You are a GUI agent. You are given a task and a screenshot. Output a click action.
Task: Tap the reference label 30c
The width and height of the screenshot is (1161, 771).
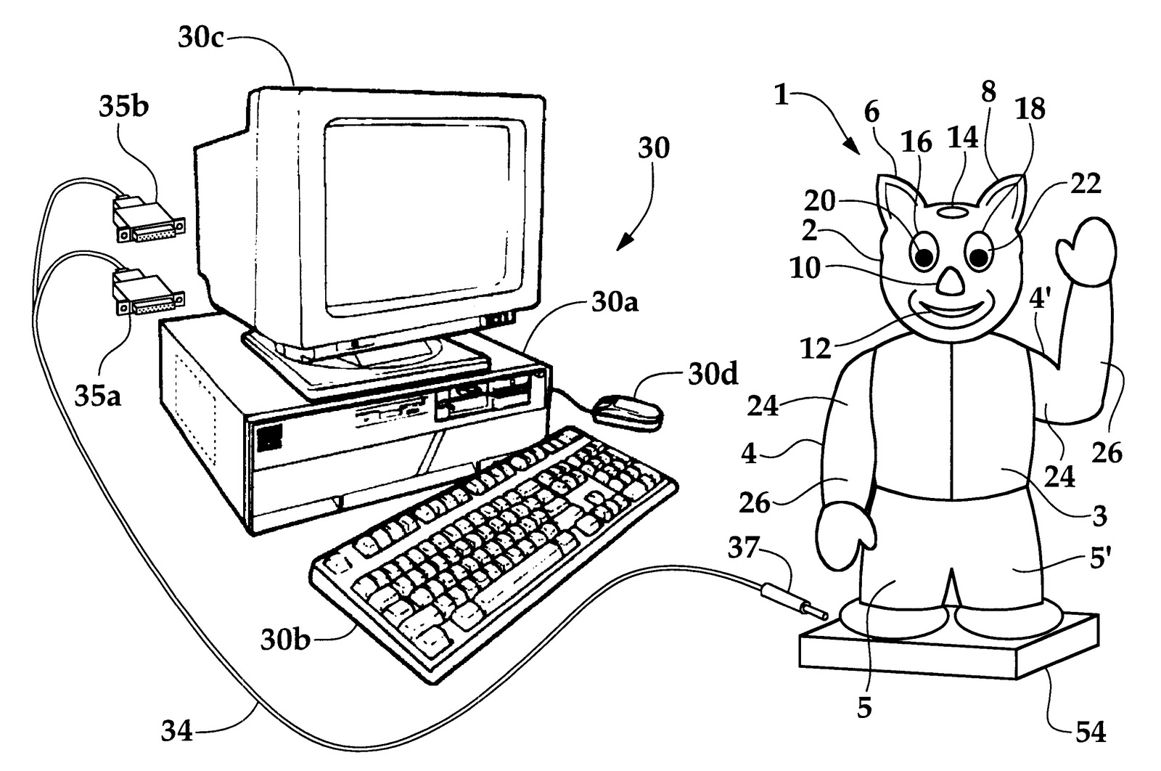click(201, 38)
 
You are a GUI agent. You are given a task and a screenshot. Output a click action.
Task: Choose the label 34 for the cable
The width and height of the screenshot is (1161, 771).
click(177, 730)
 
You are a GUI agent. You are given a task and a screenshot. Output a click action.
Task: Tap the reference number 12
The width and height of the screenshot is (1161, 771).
click(816, 349)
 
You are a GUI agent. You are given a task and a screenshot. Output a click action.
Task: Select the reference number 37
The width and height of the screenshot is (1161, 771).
click(744, 550)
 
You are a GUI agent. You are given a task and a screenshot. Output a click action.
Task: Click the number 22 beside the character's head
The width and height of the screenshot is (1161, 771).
click(1084, 183)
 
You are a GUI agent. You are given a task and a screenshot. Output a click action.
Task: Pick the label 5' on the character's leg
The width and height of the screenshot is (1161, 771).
click(1097, 560)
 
